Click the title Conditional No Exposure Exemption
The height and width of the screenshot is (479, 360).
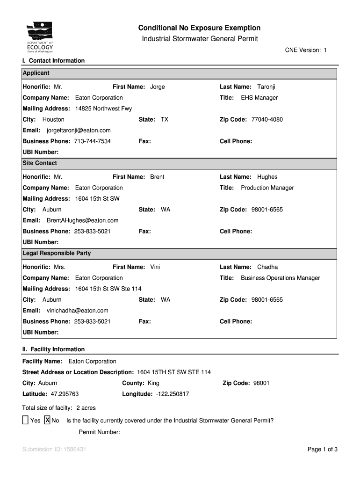click(199, 28)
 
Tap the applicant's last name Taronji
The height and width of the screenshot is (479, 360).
click(266, 87)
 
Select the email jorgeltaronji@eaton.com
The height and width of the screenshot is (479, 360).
click(79, 131)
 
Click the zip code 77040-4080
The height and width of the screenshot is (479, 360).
click(267, 120)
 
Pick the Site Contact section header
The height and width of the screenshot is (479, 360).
click(40, 163)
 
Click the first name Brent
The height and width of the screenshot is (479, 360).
click(157, 177)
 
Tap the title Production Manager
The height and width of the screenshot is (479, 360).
click(267, 188)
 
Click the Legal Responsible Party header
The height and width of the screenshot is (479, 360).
click(57, 253)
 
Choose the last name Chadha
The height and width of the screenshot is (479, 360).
click(267, 267)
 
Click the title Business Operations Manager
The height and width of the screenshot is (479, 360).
click(281, 278)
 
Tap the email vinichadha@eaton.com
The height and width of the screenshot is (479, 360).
click(78, 311)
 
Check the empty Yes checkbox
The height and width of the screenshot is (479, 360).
click(25, 420)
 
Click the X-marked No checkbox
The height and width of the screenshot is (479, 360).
click(47, 420)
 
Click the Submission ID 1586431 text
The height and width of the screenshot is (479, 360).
click(54, 450)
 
